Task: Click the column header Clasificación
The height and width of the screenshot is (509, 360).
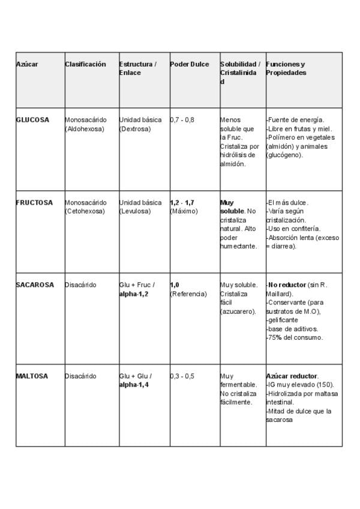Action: pos(85,64)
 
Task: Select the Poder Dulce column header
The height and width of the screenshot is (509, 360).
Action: pos(190,64)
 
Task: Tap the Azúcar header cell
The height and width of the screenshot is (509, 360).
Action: pos(27,64)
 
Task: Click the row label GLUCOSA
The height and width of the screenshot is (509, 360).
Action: pos(32,120)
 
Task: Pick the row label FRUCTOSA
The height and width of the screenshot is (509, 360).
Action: pos(34,202)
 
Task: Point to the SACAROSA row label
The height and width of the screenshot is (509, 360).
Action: pos(35,285)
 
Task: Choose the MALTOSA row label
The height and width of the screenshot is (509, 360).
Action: pos(32,376)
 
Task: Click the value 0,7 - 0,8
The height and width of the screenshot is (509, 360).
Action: pos(182,120)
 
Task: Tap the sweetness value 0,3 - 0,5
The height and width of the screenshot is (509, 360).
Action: pos(182,376)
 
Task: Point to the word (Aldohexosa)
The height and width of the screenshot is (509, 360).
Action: pos(85,128)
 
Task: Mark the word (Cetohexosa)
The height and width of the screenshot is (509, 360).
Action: pos(85,211)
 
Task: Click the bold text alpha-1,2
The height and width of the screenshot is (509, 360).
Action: pos(134,294)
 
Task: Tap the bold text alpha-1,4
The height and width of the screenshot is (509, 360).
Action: pos(134,385)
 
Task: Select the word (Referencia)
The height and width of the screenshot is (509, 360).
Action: pos(188,294)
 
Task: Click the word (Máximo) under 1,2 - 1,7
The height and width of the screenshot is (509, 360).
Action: pos(184,211)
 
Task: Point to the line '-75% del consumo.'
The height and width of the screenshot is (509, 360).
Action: pos(295,337)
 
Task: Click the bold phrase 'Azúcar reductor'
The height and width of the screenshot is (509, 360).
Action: pos(292,376)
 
